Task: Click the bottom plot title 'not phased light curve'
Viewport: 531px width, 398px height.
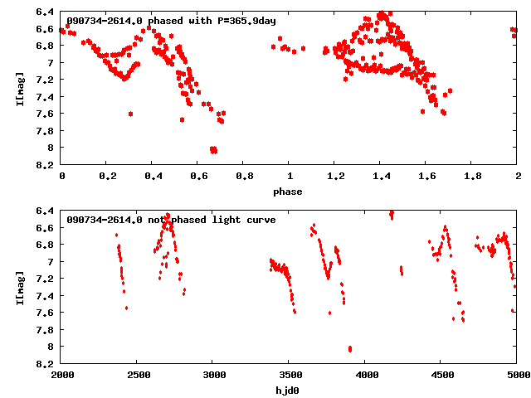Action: (x=170, y=220)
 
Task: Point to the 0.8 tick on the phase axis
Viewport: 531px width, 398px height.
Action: (x=244, y=177)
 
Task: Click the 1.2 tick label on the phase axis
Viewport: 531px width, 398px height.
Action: (x=335, y=177)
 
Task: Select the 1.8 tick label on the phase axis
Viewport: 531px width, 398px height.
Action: (x=472, y=177)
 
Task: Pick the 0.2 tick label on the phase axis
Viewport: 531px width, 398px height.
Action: (x=107, y=177)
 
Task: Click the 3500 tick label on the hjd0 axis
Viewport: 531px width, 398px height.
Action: (x=289, y=375)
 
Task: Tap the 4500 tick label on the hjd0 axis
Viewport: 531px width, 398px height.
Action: (x=441, y=375)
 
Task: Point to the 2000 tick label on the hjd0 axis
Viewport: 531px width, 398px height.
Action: (x=61, y=375)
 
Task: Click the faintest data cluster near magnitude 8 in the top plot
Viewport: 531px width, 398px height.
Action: (x=213, y=150)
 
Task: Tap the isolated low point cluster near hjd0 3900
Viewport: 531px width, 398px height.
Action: (x=350, y=349)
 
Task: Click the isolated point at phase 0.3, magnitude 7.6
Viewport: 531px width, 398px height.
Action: (x=130, y=114)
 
